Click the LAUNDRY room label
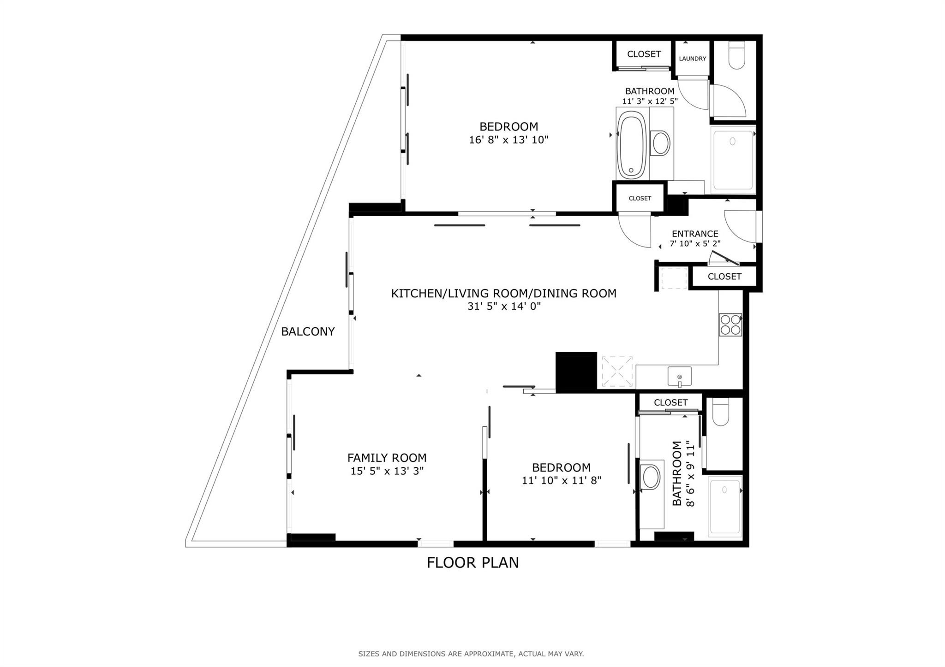[x=692, y=59]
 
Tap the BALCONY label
[x=308, y=331]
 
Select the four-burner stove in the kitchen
[x=730, y=325]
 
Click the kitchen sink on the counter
[x=679, y=377]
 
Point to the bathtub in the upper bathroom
[x=632, y=145]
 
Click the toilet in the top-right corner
[x=736, y=55]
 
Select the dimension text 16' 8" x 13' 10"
[x=508, y=140]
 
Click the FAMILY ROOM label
[x=387, y=458]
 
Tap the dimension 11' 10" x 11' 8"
[x=561, y=480]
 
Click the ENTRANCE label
[x=695, y=234]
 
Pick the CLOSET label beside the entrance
[x=724, y=277]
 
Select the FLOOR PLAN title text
[x=472, y=563]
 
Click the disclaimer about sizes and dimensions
[x=471, y=654]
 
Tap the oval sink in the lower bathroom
[x=651, y=477]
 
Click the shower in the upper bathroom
[x=732, y=159]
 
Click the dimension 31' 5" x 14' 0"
[x=503, y=306]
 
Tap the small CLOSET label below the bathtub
[x=640, y=198]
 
